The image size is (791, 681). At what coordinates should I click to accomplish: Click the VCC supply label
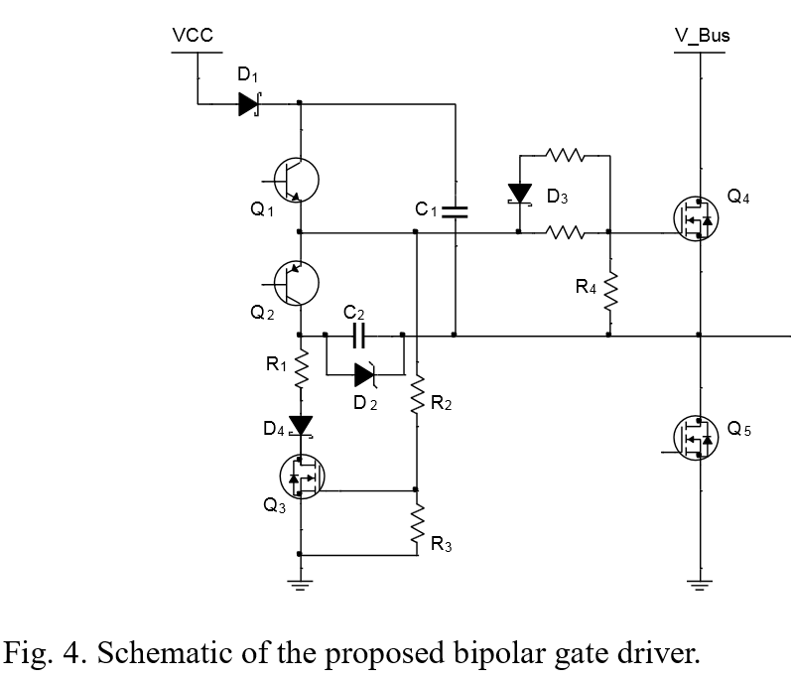(x=193, y=36)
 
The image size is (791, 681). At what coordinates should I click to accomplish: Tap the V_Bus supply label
(x=703, y=36)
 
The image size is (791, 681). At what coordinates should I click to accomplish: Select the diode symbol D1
(x=250, y=104)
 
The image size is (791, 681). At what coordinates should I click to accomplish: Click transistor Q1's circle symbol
(x=296, y=180)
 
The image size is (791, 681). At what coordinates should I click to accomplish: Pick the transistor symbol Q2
(x=296, y=283)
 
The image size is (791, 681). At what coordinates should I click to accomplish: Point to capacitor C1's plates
(x=455, y=211)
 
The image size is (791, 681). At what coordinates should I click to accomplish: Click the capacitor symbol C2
(x=358, y=336)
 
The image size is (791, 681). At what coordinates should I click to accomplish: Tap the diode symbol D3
(x=520, y=195)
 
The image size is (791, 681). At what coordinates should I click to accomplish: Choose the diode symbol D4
(x=301, y=426)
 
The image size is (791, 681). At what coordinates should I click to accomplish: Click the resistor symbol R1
(x=301, y=369)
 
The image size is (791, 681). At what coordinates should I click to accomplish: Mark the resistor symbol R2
(x=417, y=394)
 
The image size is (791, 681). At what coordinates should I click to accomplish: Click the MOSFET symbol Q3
(x=302, y=477)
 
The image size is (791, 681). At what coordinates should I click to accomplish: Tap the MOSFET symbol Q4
(x=696, y=218)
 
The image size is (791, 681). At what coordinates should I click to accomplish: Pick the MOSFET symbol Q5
(x=696, y=438)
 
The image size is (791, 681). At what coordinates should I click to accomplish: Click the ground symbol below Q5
(x=700, y=585)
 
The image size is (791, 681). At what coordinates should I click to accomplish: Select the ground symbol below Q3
(x=301, y=585)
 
